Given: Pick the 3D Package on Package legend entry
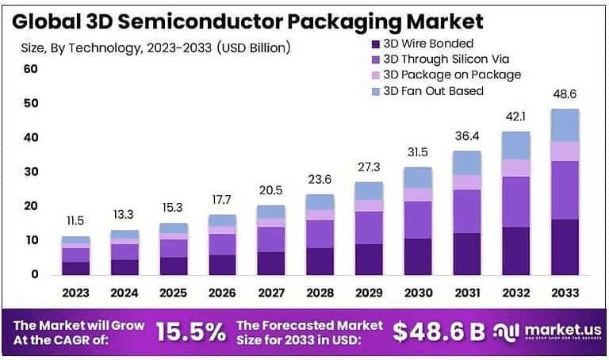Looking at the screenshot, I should (452, 75).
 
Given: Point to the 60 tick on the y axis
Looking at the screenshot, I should (31, 69).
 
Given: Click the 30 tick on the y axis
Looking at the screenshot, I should (31, 172).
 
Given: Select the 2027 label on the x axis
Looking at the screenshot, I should (270, 293).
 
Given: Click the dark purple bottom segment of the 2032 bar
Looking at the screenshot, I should (516, 251).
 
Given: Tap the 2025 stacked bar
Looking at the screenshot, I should (173, 249).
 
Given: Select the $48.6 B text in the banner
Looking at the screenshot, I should (439, 332).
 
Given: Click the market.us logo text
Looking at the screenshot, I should (561, 328).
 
